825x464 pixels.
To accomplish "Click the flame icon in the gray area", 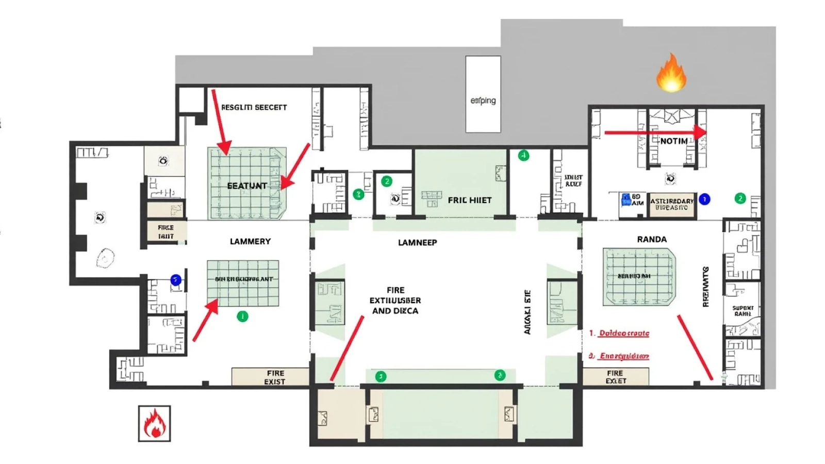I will coord(671,73).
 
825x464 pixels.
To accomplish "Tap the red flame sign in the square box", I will coord(154,423).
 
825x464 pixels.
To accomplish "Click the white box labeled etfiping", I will coord(483,94).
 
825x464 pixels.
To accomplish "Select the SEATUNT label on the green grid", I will coord(247,186).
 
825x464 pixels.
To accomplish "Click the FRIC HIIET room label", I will coord(469,200).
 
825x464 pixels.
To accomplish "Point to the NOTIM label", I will coord(673,141).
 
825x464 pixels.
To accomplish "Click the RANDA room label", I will coord(652,239).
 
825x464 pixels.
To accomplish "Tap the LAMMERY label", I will coord(250,241).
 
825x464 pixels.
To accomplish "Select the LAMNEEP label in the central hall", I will coord(417,242).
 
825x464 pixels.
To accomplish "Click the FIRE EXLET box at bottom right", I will coord(615,377).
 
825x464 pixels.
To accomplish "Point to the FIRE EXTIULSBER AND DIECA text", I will coord(395,301).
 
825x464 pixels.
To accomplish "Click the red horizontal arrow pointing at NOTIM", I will coord(655,132).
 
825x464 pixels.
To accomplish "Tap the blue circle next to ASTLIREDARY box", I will coord(704,199).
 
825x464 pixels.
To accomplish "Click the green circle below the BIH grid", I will coord(242,316).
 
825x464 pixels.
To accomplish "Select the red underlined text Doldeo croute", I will coord(623,333).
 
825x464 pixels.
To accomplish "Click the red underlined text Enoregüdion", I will coord(624,356).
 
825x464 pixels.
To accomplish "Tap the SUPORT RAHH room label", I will coord(742,310).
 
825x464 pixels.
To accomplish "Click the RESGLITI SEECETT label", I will coord(254,107).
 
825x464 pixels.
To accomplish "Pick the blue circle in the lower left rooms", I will coord(176,280).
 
